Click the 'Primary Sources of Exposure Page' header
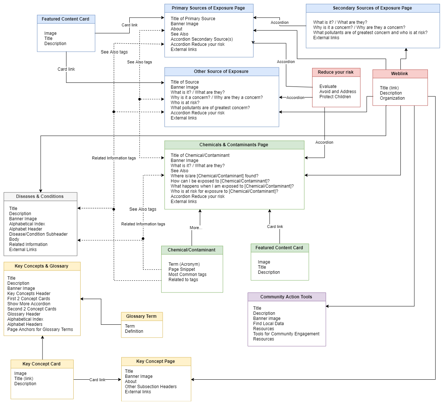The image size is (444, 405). point(208,8)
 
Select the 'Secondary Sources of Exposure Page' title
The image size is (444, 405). point(372,8)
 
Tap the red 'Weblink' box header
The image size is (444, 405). point(399,74)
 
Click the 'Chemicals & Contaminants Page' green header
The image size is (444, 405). point(234,145)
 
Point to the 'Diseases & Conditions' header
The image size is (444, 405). point(40,196)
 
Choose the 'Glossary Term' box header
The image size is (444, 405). point(141,316)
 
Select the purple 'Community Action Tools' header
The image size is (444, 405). point(286,297)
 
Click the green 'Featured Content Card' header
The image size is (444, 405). point(279,248)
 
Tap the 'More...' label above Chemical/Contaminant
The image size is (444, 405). point(196,228)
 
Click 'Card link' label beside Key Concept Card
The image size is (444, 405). point(97,380)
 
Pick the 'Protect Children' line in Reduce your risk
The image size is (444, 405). point(335,97)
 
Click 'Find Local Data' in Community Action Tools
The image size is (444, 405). point(268,324)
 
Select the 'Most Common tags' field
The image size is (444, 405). point(187,275)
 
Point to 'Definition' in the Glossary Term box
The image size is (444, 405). point(134,331)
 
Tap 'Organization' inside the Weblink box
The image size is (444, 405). point(392,98)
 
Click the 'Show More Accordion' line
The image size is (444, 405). point(29,304)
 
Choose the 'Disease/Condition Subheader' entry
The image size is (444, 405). point(38,234)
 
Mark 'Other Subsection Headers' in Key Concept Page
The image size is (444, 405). point(151,387)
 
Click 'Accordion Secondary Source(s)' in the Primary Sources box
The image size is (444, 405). point(201,39)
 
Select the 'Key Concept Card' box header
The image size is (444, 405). point(41,364)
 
